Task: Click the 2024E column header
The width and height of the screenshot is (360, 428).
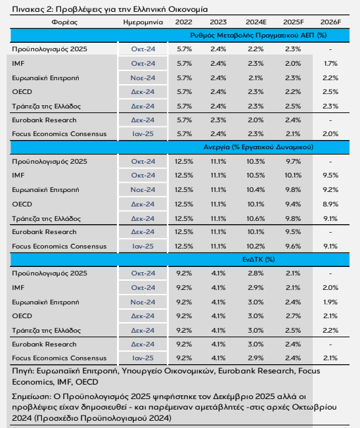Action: click(x=256, y=22)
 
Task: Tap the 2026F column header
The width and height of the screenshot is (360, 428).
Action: click(x=330, y=22)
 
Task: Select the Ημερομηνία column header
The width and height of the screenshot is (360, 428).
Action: click(x=143, y=22)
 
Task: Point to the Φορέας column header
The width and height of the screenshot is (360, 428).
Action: click(x=64, y=22)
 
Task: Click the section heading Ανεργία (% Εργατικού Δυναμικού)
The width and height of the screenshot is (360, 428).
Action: click(x=258, y=147)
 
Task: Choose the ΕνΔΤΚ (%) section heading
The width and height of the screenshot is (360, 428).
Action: click(x=258, y=259)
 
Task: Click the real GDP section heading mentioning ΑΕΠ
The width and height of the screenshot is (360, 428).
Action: click(x=258, y=36)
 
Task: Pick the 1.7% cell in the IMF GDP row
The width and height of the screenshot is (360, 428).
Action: click(x=330, y=64)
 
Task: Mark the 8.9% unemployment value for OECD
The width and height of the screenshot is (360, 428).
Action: click(x=330, y=204)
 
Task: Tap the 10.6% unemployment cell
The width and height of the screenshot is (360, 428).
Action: click(x=256, y=219)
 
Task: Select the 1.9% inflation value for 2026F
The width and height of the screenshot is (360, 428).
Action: click(x=330, y=302)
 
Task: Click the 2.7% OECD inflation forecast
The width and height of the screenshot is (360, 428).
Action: click(x=293, y=316)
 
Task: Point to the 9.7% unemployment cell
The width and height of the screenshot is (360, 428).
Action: click(x=293, y=161)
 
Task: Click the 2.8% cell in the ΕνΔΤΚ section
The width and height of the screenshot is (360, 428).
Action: click(x=256, y=273)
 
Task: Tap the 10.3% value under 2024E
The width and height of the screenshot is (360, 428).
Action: click(x=256, y=161)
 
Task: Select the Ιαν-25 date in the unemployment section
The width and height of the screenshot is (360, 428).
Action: click(x=143, y=246)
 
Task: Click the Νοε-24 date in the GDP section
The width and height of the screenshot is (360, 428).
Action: click(x=143, y=78)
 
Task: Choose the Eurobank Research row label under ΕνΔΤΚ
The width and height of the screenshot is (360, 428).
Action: click(x=44, y=345)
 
